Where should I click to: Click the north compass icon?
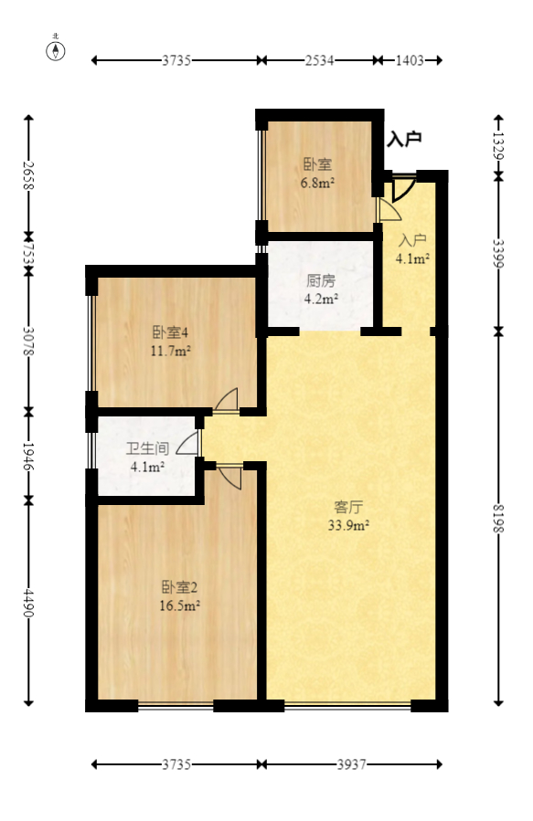(x=57, y=49)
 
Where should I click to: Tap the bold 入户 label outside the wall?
(x=403, y=139)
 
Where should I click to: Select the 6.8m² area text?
(x=317, y=182)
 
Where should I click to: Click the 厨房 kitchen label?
(x=320, y=281)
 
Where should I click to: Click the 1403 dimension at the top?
(x=410, y=60)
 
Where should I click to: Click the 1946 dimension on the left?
(x=28, y=455)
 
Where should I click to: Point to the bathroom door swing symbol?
(x=187, y=442)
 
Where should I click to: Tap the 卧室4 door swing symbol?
(x=227, y=400)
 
